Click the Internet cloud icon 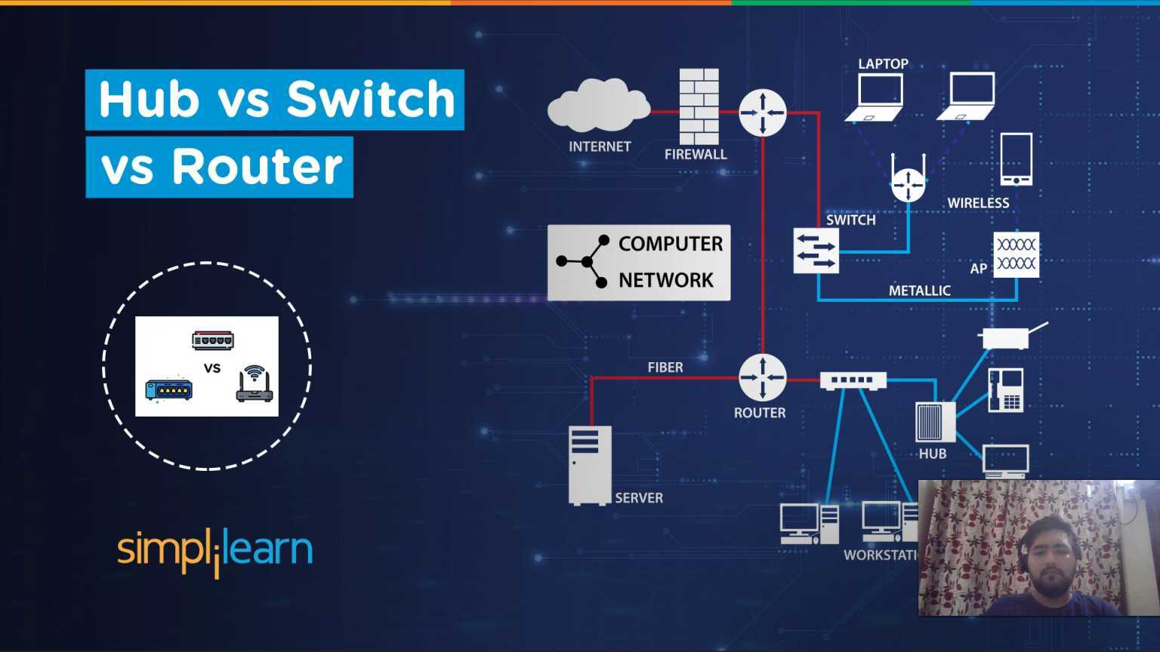598,106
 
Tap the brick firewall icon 699,106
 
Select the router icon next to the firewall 762,112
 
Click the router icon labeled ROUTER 762,377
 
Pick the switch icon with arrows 816,251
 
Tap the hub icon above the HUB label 935,422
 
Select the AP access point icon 1016,254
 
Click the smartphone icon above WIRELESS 1016,159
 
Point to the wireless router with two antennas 907,180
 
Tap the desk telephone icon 1005,390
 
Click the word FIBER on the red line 665,368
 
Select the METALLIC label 919,291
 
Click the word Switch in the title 371,99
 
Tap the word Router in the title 257,167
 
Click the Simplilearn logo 214,551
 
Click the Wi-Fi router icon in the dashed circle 255,384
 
